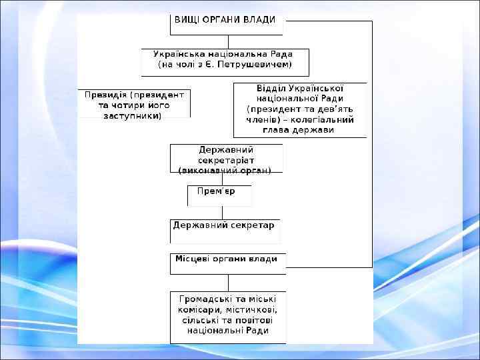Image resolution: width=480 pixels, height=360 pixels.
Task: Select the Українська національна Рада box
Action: [x=225, y=61]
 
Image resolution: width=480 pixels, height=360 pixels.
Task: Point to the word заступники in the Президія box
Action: [x=133, y=115]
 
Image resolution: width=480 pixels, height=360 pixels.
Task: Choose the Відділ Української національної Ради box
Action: [x=300, y=109]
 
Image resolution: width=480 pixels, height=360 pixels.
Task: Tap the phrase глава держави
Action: [x=300, y=129]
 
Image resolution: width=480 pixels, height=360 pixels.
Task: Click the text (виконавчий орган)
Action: [x=225, y=170]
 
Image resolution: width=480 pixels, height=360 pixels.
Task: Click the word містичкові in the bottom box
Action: [x=254, y=310]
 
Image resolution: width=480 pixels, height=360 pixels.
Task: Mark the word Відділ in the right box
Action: [x=271, y=88]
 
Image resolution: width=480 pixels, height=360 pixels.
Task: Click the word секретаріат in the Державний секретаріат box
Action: [x=227, y=160]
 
